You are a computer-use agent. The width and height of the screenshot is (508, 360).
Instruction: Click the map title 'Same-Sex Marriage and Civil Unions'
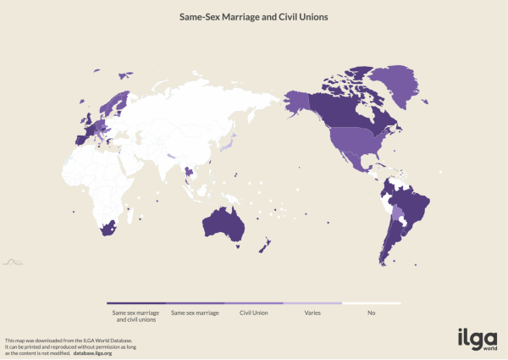point(253,16)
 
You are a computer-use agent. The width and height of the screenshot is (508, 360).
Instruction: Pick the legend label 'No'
point(371,312)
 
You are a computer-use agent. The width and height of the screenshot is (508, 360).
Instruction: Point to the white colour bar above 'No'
point(371,302)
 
